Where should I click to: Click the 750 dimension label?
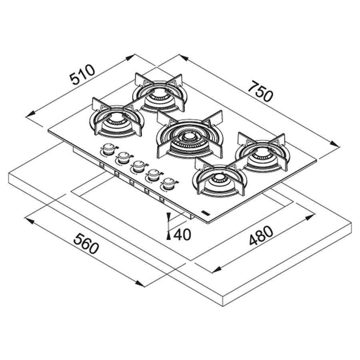[x=262, y=91]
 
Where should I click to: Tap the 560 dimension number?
[x=86, y=244]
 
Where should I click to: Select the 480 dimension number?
[x=261, y=236]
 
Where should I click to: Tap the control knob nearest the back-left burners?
[x=108, y=149]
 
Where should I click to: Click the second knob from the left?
[x=123, y=158]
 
